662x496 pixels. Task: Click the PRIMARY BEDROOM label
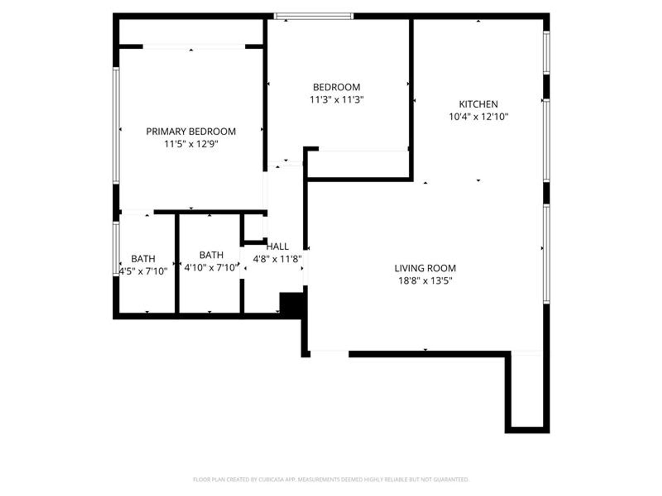coord(191,131)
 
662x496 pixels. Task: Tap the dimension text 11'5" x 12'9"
coord(191,144)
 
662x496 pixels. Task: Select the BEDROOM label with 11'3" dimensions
coord(336,87)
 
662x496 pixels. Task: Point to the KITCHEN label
coord(478,104)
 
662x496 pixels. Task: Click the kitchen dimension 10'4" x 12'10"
coord(478,117)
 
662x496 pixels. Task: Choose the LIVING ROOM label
coord(425,268)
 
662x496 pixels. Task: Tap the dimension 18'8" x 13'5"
coord(425,281)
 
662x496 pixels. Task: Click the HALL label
coord(278,246)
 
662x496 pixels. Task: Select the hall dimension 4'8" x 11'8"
coord(278,259)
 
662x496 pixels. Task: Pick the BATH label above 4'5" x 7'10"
coord(143,259)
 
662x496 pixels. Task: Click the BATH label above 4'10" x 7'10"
coord(211,255)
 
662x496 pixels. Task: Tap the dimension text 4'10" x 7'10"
coord(211,268)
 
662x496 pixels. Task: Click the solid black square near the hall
coord(291,304)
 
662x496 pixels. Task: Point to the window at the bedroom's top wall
coord(313,16)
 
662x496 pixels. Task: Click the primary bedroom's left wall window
coord(116,125)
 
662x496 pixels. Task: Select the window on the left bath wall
coord(116,248)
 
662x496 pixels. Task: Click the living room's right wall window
coord(546,254)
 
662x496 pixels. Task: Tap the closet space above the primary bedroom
coord(191,32)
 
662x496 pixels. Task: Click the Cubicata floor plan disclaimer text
coord(331,479)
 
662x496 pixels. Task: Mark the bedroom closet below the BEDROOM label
coord(359,165)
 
